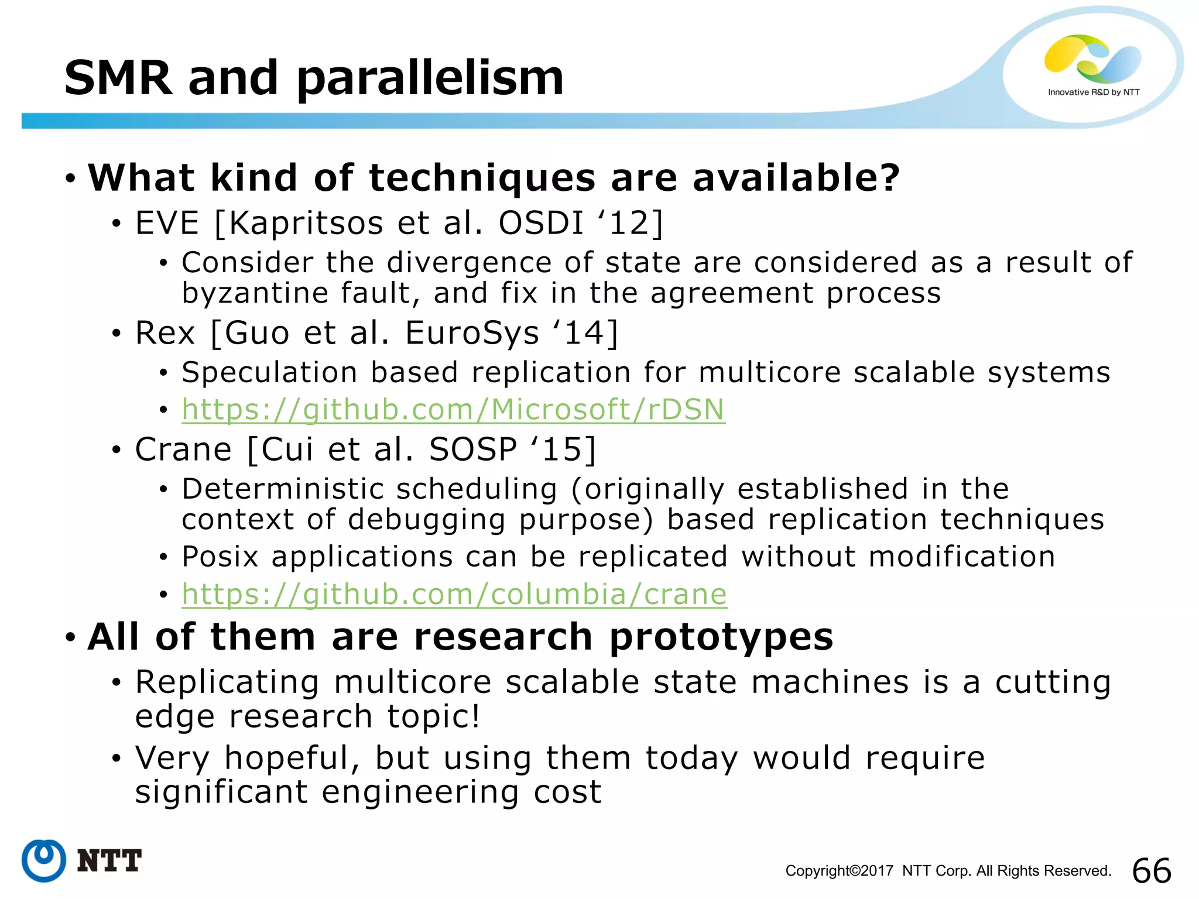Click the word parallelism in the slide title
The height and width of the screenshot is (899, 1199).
(x=430, y=79)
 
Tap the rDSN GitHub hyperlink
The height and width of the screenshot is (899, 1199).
(x=453, y=409)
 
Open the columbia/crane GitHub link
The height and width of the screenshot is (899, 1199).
(x=454, y=594)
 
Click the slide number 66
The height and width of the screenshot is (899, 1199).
(x=1152, y=870)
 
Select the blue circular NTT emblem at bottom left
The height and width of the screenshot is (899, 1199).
(x=44, y=860)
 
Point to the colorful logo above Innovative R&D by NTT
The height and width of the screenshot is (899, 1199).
(x=1092, y=59)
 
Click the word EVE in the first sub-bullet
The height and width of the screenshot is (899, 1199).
(x=167, y=223)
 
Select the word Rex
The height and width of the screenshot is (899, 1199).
(x=165, y=333)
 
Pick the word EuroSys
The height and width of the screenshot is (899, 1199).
(x=472, y=333)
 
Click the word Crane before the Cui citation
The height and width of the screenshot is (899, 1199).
(x=183, y=449)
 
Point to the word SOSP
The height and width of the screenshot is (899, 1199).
(x=473, y=449)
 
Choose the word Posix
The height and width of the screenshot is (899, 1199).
(x=220, y=556)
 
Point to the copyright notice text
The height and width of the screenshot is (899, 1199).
(x=948, y=871)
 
